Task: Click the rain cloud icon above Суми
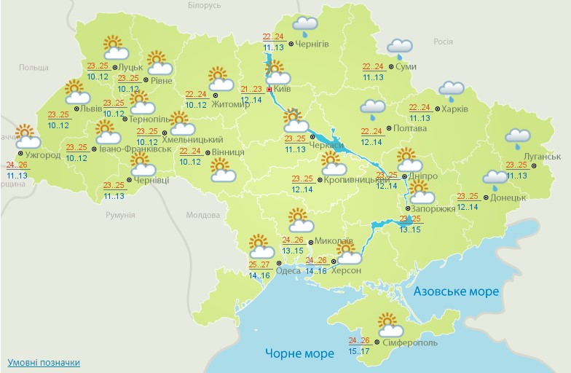(400, 47)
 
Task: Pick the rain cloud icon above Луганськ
(518, 136)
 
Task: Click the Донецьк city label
(508, 197)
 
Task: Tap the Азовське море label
(456, 291)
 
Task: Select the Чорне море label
(299, 353)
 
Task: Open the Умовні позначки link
(44, 362)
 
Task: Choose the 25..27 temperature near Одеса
(259, 264)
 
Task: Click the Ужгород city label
(41, 155)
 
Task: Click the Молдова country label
(203, 216)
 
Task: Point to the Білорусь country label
(203, 5)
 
